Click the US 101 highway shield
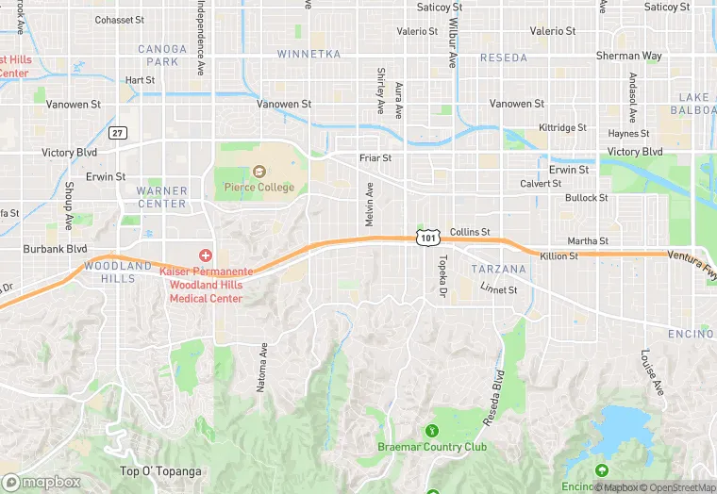428,238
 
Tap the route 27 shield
118,133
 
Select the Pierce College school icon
259,172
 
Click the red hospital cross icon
205,256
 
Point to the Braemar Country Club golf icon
432,431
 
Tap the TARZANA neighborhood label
498,270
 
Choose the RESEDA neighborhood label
504,58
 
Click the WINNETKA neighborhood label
308,55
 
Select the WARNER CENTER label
162,197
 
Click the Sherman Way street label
628,57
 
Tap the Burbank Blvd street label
56,250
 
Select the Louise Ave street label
650,372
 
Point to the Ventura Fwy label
692,255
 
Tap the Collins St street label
470,232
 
